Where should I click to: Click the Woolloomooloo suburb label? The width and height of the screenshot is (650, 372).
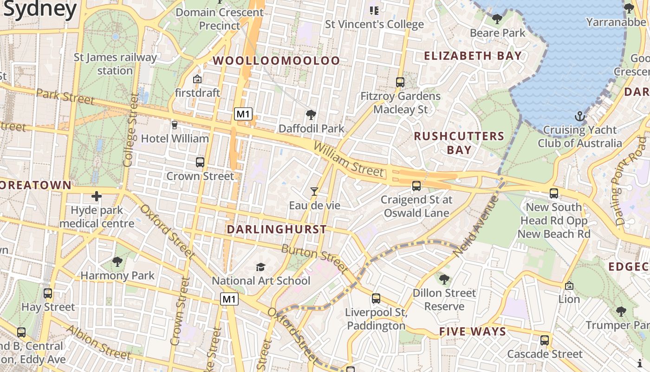pos(276,61)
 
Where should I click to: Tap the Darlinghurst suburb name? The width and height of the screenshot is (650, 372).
pos(277,230)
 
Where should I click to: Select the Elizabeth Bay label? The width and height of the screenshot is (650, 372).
pos(473,56)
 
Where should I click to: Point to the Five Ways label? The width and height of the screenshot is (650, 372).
pos(472,332)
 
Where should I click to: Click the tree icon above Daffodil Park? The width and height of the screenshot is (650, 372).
pos(311,114)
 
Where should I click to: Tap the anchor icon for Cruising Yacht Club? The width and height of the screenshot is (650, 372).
pos(579,116)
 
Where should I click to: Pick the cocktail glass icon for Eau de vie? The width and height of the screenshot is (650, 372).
pos(314,191)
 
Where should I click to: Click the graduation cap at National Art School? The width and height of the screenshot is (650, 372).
pos(260,267)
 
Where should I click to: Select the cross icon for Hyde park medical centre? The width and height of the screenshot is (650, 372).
pos(97,196)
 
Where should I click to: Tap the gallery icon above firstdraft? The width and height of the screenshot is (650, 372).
pos(197,79)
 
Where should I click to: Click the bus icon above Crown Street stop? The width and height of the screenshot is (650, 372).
pos(200,162)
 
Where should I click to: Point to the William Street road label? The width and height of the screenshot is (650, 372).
pos(349,160)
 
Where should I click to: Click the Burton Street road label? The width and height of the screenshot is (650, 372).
pos(314,258)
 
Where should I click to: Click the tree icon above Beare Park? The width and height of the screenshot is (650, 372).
pos(497,19)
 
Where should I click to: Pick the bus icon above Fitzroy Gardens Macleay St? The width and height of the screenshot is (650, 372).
pos(400,82)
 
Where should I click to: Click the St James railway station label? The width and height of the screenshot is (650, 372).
pos(115,64)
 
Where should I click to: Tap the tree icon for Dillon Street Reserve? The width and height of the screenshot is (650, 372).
pos(444,279)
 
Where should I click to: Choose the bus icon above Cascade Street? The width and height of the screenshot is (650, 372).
pos(545,340)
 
